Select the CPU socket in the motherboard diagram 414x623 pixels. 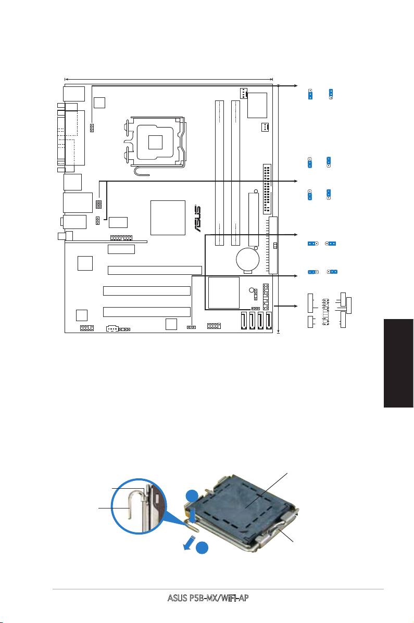pos(155,141)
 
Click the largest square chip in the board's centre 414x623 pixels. pos(167,217)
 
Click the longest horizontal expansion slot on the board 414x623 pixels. pos(155,270)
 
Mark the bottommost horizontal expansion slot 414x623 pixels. pos(146,312)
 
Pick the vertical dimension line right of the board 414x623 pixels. pos(280,208)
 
